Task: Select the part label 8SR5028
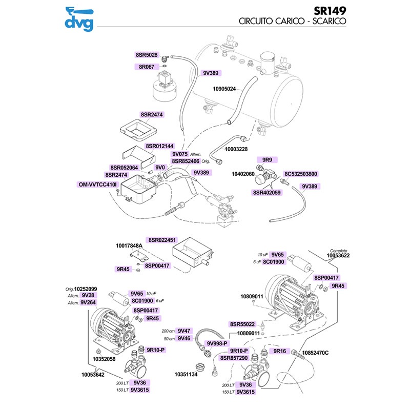(x=147, y=54)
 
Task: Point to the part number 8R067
(x=147, y=67)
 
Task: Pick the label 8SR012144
(x=159, y=146)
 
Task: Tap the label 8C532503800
(x=301, y=174)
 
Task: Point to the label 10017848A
(x=128, y=246)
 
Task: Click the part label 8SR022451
(x=162, y=240)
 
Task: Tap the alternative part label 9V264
(x=88, y=302)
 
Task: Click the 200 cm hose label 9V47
(x=184, y=331)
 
